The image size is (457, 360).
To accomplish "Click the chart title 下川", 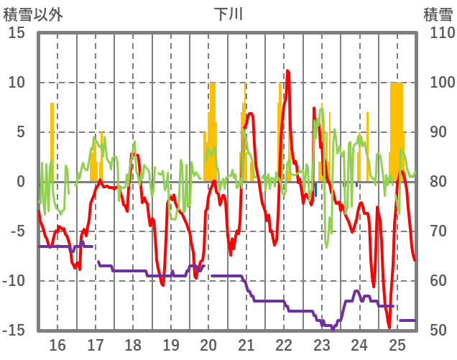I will click(x=229, y=14).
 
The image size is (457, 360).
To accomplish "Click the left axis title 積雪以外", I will click(x=33, y=14).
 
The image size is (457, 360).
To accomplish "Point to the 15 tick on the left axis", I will click(x=17, y=33).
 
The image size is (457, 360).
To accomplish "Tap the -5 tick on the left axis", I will click(x=17, y=231).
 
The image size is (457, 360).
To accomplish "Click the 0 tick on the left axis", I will click(x=21, y=182).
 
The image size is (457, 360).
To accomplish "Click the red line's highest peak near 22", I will click(x=287, y=71).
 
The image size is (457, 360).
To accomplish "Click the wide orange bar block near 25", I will click(x=396, y=129).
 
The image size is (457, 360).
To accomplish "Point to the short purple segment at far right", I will click(x=407, y=320).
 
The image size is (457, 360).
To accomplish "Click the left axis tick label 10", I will click(x=17, y=83).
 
